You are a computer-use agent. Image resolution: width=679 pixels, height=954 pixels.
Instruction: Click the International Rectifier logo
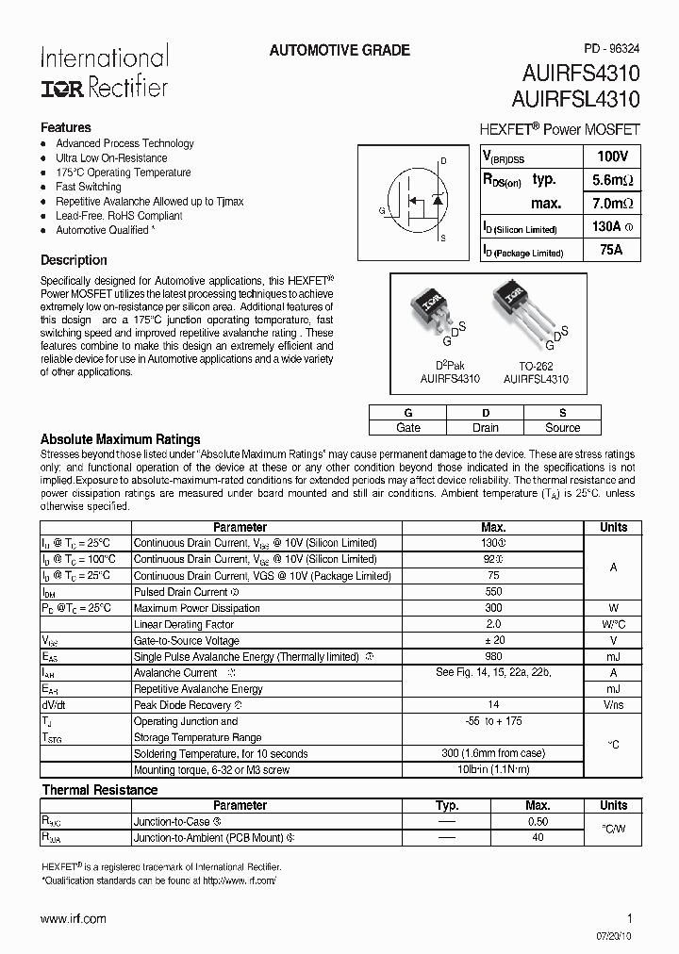click(x=104, y=72)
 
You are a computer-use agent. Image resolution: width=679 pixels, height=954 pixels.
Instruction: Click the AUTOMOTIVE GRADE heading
click(x=339, y=51)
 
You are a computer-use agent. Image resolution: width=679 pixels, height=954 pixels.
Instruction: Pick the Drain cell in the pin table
click(x=485, y=427)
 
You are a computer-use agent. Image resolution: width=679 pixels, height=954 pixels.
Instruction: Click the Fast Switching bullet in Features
click(x=89, y=187)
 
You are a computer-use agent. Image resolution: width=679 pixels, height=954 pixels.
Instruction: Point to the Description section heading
click(x=74, y=260)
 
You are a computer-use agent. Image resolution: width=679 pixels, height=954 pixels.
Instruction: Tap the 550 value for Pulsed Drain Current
click(x=492, y=592)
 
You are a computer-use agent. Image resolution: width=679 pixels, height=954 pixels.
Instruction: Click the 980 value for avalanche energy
click(x=492, y=656)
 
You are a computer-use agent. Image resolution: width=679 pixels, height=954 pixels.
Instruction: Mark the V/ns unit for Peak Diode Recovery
click(x=613, y=705)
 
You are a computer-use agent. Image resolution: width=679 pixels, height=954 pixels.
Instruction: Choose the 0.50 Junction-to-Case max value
click(x=538, y=822)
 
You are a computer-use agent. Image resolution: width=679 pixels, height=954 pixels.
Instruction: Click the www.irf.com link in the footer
click(x=74, y=918)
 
